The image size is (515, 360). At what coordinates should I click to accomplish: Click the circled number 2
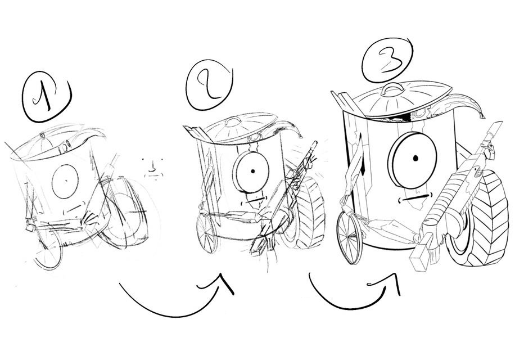click(x=209, y=84)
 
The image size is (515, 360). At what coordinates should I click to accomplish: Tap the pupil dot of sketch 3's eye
click(x=415, y=158)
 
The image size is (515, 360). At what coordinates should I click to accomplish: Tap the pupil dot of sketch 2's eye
click(x=252, y=171)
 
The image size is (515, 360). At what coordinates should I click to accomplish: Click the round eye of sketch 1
click(x=65, y=182)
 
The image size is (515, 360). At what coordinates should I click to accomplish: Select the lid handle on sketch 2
click(x=233, y=121)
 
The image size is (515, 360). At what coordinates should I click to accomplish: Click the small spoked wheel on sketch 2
click(x=206, y=233)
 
